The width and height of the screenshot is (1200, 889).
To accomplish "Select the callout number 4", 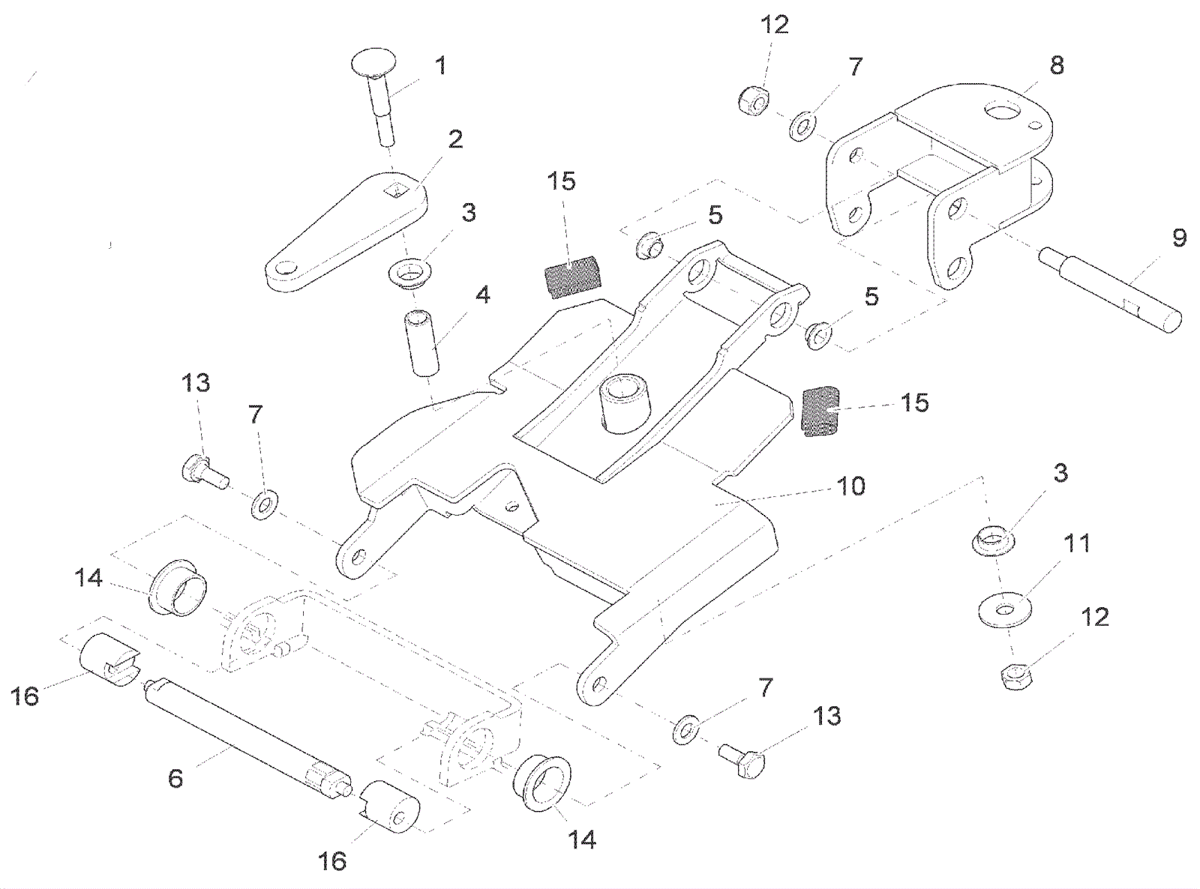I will pyautogui.click(x=482, y=295).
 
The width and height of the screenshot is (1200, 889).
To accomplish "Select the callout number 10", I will pyautogui.click(x=850, y=486).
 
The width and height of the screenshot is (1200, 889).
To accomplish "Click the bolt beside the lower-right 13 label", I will pyautogui.click(x=743, y=760).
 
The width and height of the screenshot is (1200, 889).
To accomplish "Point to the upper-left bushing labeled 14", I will pyautogui.click(x=178, y=587).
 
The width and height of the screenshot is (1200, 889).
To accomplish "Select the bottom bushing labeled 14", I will pyautogui.click(x=541, y=783).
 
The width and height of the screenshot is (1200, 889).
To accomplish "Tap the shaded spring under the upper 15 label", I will pyautogui.click(x=571, y=276).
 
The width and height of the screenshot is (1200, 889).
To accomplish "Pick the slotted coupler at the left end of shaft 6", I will pyautogui.click(x=109, y=657).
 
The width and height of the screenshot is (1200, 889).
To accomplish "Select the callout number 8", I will pyautogui.click(x=1056, y=65).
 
